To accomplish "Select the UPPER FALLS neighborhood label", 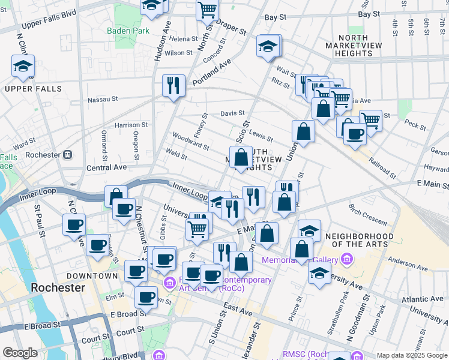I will [33, 89].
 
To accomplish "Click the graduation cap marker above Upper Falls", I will [23, 67].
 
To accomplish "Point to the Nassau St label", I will [101, 100].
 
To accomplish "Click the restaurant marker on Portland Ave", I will [173, 85].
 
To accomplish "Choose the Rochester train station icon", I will [67, 154].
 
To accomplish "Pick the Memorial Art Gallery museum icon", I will [346, 260].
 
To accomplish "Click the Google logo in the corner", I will [20, 353].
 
